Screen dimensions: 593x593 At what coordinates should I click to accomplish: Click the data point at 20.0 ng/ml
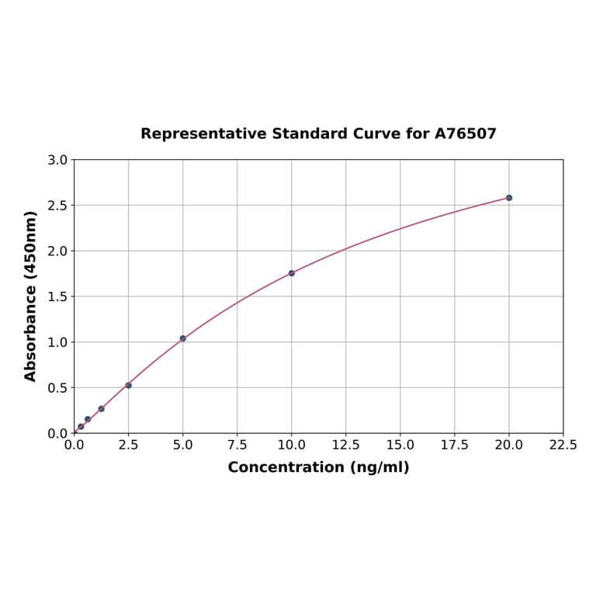coord(508,198)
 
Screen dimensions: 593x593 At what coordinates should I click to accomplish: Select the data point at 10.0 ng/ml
coord(291,273)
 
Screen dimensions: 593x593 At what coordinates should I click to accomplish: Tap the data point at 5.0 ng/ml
coord(182,338)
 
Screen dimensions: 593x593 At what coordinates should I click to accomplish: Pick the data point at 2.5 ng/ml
coord(128,385)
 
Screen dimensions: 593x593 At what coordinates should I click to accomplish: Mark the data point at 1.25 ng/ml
coord(101,408)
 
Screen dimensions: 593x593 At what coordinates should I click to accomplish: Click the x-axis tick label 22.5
coord(563,446)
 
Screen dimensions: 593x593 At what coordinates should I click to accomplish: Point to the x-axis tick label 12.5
coord(345,446)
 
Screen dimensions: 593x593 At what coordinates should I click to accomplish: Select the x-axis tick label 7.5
coord(237,446)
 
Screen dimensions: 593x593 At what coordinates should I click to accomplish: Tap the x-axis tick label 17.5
coord(454,446)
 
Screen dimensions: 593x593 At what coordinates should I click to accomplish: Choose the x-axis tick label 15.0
coord(400,446)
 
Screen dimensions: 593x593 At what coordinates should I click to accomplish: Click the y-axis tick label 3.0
coord(57,160)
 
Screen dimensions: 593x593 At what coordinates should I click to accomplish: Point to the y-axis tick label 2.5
coord(57,206)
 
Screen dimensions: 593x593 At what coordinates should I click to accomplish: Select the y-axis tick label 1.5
coord(57,296)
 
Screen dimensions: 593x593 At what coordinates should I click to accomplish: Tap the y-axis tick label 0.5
coord(57,387)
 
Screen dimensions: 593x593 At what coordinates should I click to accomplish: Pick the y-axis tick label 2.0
coord(57,251)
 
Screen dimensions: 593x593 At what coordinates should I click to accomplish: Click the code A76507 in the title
coord(465,134)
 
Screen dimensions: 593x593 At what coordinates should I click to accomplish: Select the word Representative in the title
coord(203,134)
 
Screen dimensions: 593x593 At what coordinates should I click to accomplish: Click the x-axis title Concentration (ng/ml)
coord(318,467)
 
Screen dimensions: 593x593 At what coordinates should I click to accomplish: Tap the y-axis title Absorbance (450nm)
coord(31,296)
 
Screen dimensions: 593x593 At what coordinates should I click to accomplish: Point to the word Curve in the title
coord(376,134)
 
